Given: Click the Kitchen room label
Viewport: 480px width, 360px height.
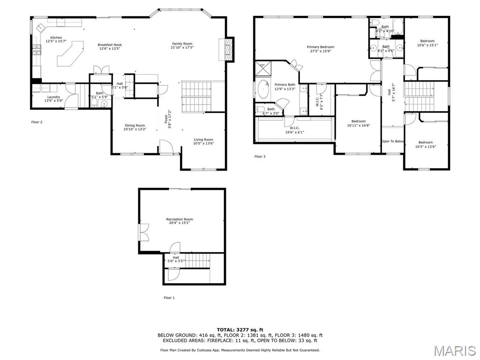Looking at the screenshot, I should (x=56, y=37).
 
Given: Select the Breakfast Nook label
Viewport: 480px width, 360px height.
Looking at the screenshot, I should (x=110, y=45).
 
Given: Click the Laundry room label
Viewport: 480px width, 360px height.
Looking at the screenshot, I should (x=53, y=97).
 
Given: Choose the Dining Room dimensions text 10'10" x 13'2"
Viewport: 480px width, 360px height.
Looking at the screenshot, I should (x=135, y=129).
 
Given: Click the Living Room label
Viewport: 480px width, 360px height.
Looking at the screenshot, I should (x=203, y=139).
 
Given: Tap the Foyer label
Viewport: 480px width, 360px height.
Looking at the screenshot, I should (x=166, y=119).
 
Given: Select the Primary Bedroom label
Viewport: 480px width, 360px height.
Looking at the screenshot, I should (x=321, y=47).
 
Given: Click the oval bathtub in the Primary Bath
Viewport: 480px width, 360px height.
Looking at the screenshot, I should (x=262, y=90).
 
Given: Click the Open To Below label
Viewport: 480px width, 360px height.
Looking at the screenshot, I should (x=393, y=141).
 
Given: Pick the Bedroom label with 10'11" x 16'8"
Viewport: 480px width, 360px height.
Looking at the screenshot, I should (x=359, y=121).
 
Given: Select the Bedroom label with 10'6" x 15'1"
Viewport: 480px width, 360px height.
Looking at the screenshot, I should (x=427, y=41).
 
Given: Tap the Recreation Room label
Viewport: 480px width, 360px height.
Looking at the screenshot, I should (x=180, y=219).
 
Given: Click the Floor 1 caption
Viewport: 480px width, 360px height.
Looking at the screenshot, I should (x=169, y=298).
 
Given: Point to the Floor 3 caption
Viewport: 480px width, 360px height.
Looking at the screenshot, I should (x=260, y=157).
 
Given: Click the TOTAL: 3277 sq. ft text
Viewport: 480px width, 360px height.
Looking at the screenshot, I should (x=240, y=330).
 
